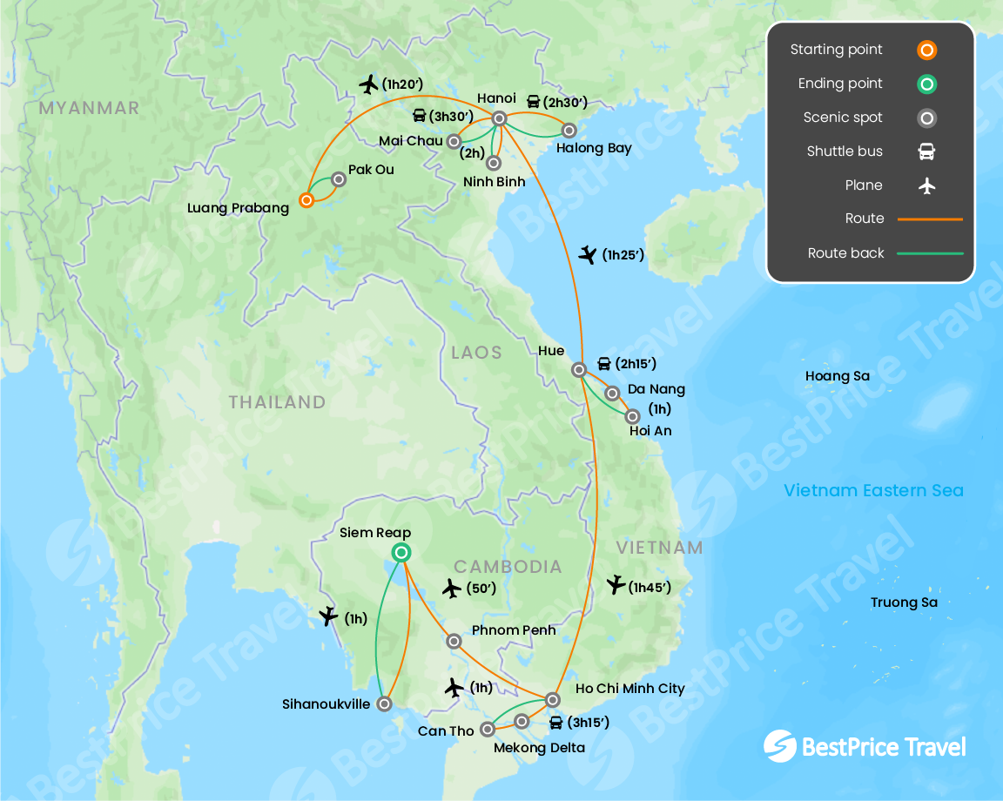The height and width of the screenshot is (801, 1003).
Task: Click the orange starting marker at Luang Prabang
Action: point(306,200)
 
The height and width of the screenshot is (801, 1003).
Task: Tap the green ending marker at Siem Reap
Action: point(401,551)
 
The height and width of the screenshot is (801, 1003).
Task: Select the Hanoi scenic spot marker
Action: point(500,118)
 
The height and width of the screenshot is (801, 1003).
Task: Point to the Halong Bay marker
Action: point(569,131)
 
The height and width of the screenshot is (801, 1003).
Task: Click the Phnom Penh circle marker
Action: point(454,641)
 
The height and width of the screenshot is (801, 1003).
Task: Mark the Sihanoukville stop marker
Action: point(384,703)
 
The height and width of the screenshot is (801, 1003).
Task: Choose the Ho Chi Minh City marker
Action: point(552,699)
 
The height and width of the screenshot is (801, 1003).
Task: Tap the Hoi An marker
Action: point(633,416)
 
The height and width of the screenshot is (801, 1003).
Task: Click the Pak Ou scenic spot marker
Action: point(340,179)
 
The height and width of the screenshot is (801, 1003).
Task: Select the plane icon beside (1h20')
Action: point(369,84)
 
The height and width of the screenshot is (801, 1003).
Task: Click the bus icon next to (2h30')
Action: point(533,102)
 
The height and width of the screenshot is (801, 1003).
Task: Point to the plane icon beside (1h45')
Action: point(616,585)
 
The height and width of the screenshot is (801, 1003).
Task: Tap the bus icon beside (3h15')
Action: point(555,723)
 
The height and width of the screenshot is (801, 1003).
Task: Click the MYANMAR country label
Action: point(89,108)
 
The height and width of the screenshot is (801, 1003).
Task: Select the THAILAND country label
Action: point(277,402)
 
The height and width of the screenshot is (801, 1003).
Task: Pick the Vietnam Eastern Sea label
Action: point(873,490)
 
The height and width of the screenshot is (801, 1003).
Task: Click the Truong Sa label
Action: point(905,602)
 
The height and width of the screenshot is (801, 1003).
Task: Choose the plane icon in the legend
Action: point(926,185)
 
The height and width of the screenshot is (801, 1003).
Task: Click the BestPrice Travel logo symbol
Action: point(779,746)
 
